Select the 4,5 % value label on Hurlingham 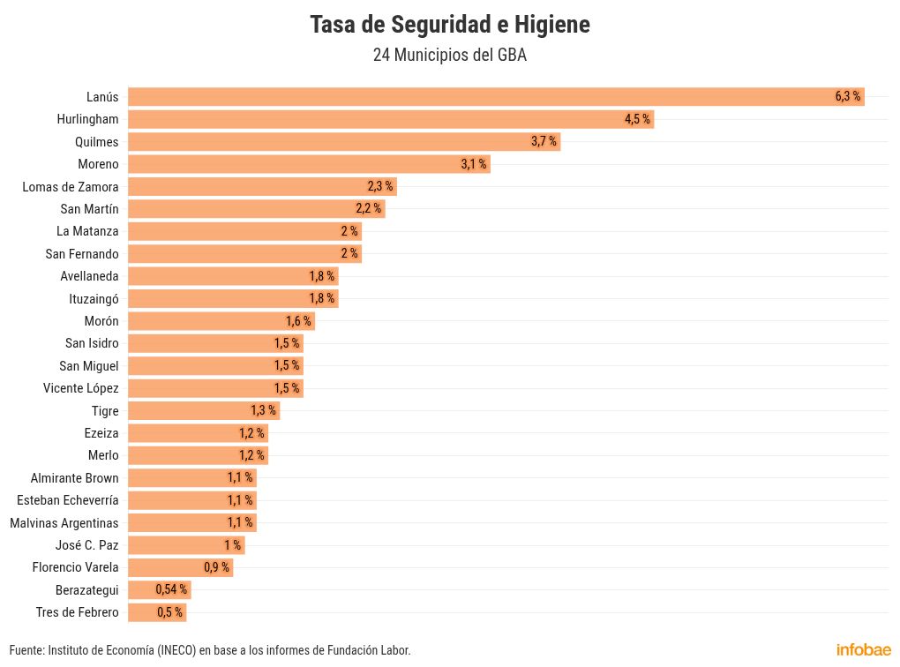point(637,119)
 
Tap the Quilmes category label point(97,141)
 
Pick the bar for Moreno point(309,164)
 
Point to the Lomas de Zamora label point(71,186)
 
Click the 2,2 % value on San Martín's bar point(368,209)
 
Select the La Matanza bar point(244,231)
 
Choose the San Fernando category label point(82,253)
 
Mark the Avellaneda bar point(232,276)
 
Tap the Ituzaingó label point(94,298)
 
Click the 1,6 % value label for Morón point(298,321)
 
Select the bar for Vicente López point(215,388)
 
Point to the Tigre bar point(203,410)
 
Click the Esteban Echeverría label point(68,500)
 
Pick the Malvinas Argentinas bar point(191,522)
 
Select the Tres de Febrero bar point(157,612)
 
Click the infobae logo point(863,649)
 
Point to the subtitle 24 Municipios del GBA point(449,55)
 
